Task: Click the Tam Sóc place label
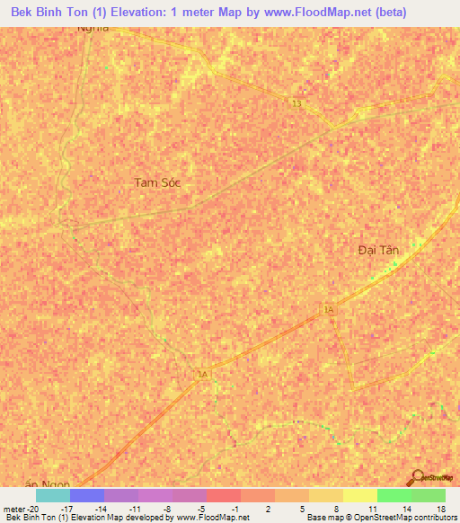coord(158,182)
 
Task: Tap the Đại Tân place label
coord(377,249)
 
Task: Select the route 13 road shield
coord(296,104)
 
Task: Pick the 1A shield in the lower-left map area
coord(202,374)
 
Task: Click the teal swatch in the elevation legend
coord(53,495)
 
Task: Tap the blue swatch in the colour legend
coord(87,495)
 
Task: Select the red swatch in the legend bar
coord(224,495)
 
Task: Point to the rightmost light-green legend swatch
coord(429,495)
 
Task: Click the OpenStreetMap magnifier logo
coord(416,477)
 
